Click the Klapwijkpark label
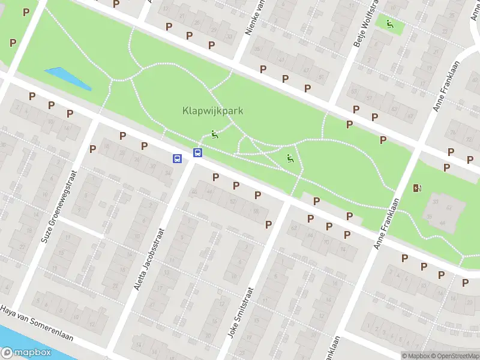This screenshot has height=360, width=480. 207,111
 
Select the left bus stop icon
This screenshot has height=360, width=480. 178,159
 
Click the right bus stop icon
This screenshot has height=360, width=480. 197,153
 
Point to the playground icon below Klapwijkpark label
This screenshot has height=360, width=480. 215,134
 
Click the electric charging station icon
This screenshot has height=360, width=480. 417,188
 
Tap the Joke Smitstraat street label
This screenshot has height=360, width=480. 243,312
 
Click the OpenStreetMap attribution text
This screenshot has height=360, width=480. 454,356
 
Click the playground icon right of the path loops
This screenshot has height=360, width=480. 290,158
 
